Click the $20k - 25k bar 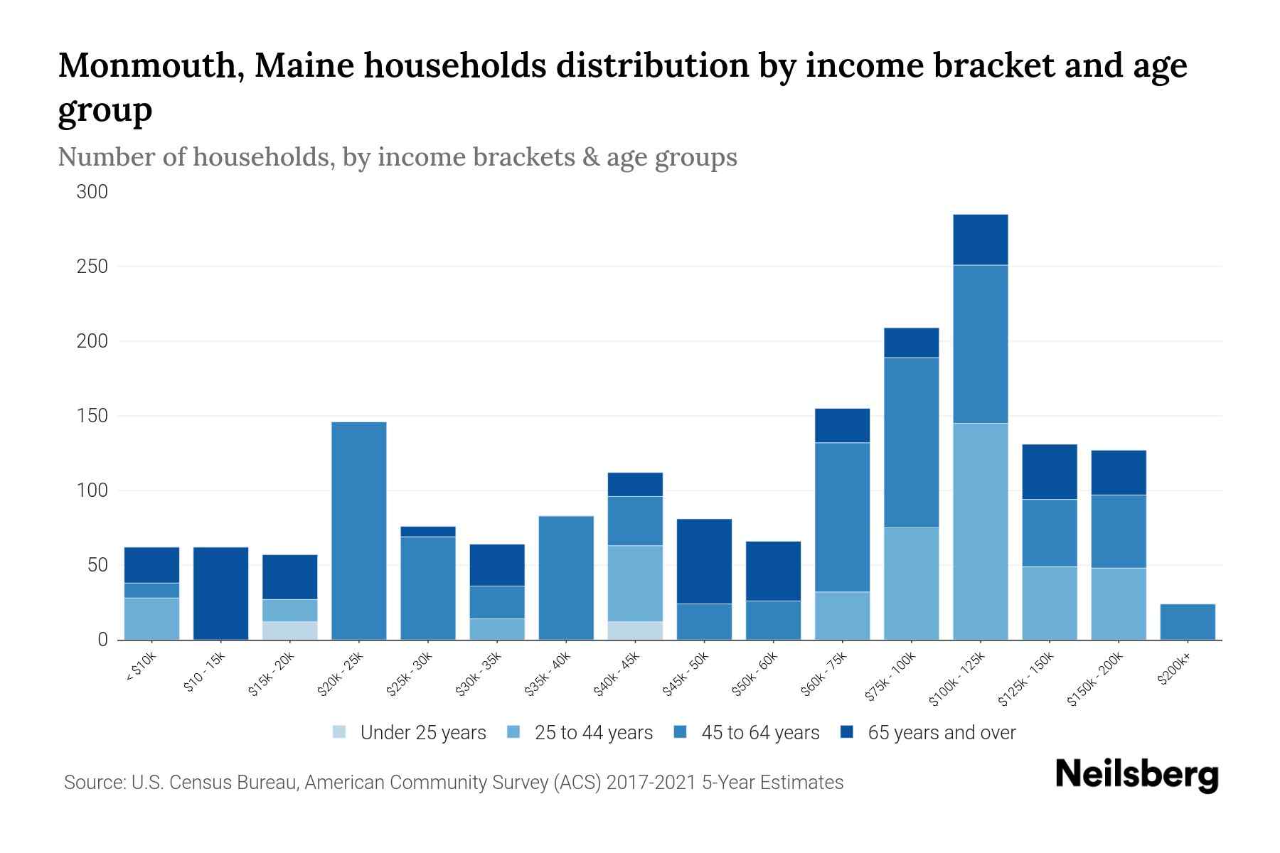point(359,531)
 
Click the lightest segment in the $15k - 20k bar point(290,631)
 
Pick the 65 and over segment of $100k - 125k point(980,240)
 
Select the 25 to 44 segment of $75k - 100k point(911,584)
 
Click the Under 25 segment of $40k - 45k point(635,631)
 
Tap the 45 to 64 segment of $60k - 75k point(842,517)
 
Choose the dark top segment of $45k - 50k point(704,562)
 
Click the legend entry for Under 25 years point(422,733)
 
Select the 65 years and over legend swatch point(847,732)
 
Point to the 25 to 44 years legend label point(593,733)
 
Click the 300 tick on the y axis point(92,192)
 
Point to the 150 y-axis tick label point(92,416)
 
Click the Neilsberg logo point(1136,775)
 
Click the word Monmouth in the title point(151,66)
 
